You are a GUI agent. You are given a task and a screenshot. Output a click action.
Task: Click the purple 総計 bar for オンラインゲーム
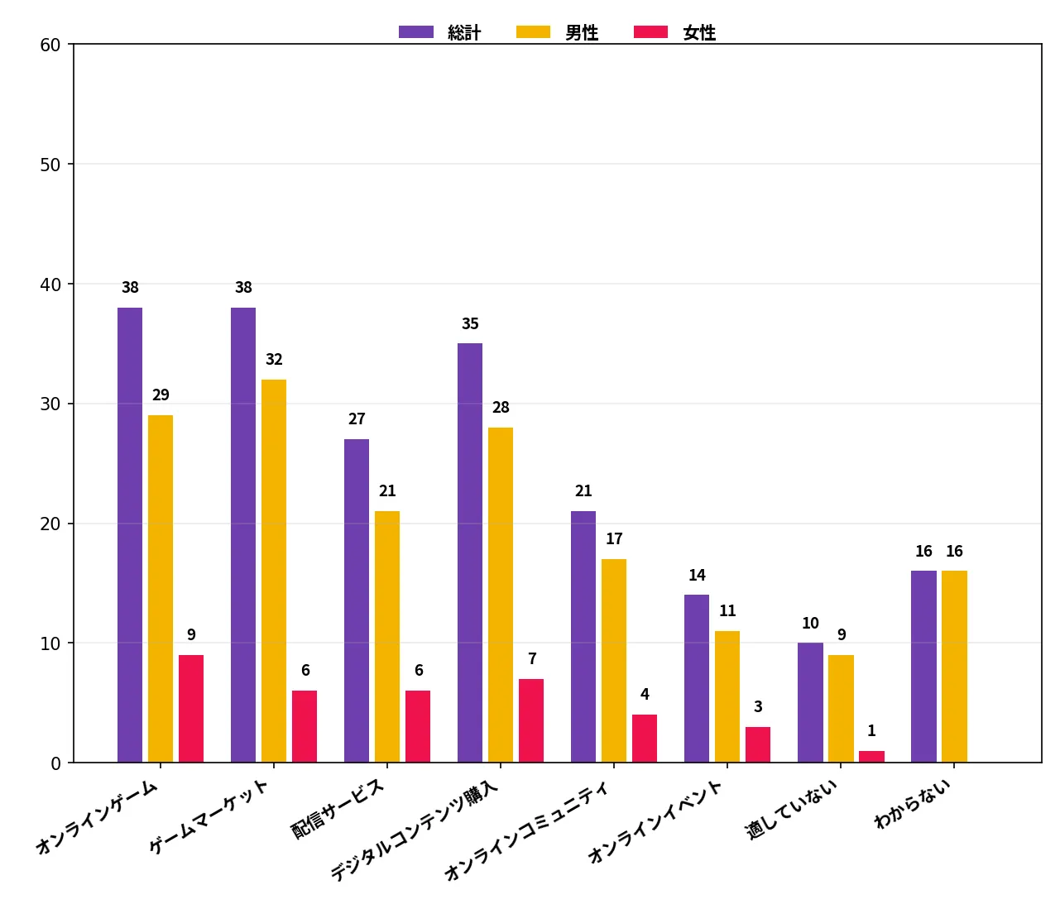tap(130, 535)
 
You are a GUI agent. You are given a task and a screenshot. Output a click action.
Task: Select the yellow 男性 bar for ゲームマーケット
tap(274, 571)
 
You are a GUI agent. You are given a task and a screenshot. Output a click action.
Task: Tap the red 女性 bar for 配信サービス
tap(418, 727)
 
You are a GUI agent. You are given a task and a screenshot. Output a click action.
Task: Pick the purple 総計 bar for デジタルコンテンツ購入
tap(470, 553)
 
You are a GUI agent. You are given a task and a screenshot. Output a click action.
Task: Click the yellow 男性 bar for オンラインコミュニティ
tap(614, 661)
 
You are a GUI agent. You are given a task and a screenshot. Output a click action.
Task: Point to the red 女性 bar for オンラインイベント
tap(758, 744)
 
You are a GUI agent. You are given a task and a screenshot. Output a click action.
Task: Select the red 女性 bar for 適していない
tap(872, 757)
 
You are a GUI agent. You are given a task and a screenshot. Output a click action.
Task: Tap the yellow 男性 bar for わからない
tap(954, 667)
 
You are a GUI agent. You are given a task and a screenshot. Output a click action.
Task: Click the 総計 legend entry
tap(440, 32)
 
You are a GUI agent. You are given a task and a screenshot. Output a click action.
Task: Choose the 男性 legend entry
tap(558, 32)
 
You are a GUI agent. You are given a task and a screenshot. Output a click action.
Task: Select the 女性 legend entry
tap(675, 32)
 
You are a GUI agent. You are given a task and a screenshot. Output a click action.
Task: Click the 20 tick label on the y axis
tap(50, 524)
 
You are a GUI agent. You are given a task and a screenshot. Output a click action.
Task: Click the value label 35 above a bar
tap(470, 324)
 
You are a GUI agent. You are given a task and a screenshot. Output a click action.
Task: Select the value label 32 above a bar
tap(275, 359)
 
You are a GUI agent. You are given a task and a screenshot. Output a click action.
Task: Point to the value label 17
tap(614, 538)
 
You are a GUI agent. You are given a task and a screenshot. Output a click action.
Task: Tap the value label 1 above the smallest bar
tap(872, 730)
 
